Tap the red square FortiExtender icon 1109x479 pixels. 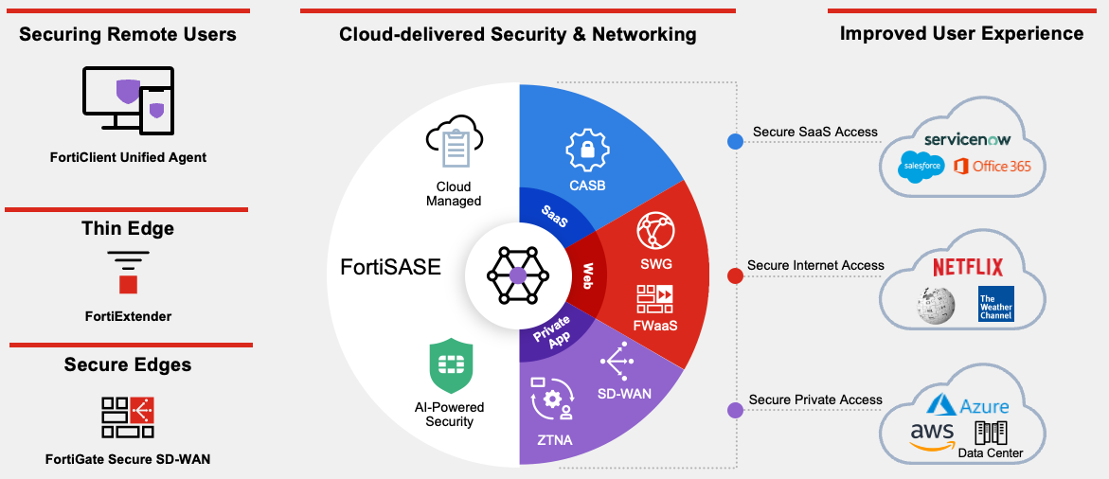click(x=128, y=283)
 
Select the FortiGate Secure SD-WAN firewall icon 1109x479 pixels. click(x=128, y=417)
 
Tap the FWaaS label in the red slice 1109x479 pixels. click(x=655, y=327)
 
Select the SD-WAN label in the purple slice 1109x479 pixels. click(x=624, y=393)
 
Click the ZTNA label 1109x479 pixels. click(x=553, y=439)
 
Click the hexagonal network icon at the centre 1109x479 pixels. click(x=518, y=275)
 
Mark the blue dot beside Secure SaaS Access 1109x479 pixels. click(x=735, y=142)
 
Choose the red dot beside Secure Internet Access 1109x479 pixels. click(x=735, y=275)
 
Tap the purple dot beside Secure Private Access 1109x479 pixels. click(x=735, y=410)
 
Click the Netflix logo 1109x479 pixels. click(x=967, y=267)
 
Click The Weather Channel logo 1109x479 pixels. click(x=996, y=304)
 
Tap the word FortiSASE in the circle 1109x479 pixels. click(x=390, y=268)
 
